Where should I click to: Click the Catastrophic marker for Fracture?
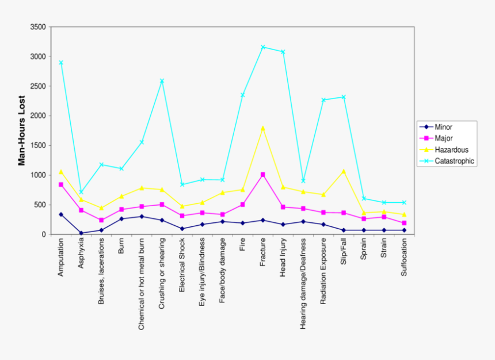(x=263, y=47)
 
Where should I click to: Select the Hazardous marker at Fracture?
(x=263, y=128)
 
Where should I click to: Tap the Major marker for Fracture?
(x=263, y=175)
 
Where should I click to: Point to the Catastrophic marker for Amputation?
(x=61, y=63)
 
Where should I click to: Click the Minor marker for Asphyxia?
(x=81, y=233)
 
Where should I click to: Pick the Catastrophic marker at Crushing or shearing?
(x=162, y=81)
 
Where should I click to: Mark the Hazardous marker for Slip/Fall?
(x=344, y=171)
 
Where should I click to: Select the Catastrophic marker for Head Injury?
(x=283, y=52)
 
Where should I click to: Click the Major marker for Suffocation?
(x=404, y=223)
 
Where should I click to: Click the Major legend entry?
(x=444, y=138)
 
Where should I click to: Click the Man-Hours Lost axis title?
(x=22, y=130)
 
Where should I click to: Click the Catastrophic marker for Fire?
(x=243, y=95)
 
